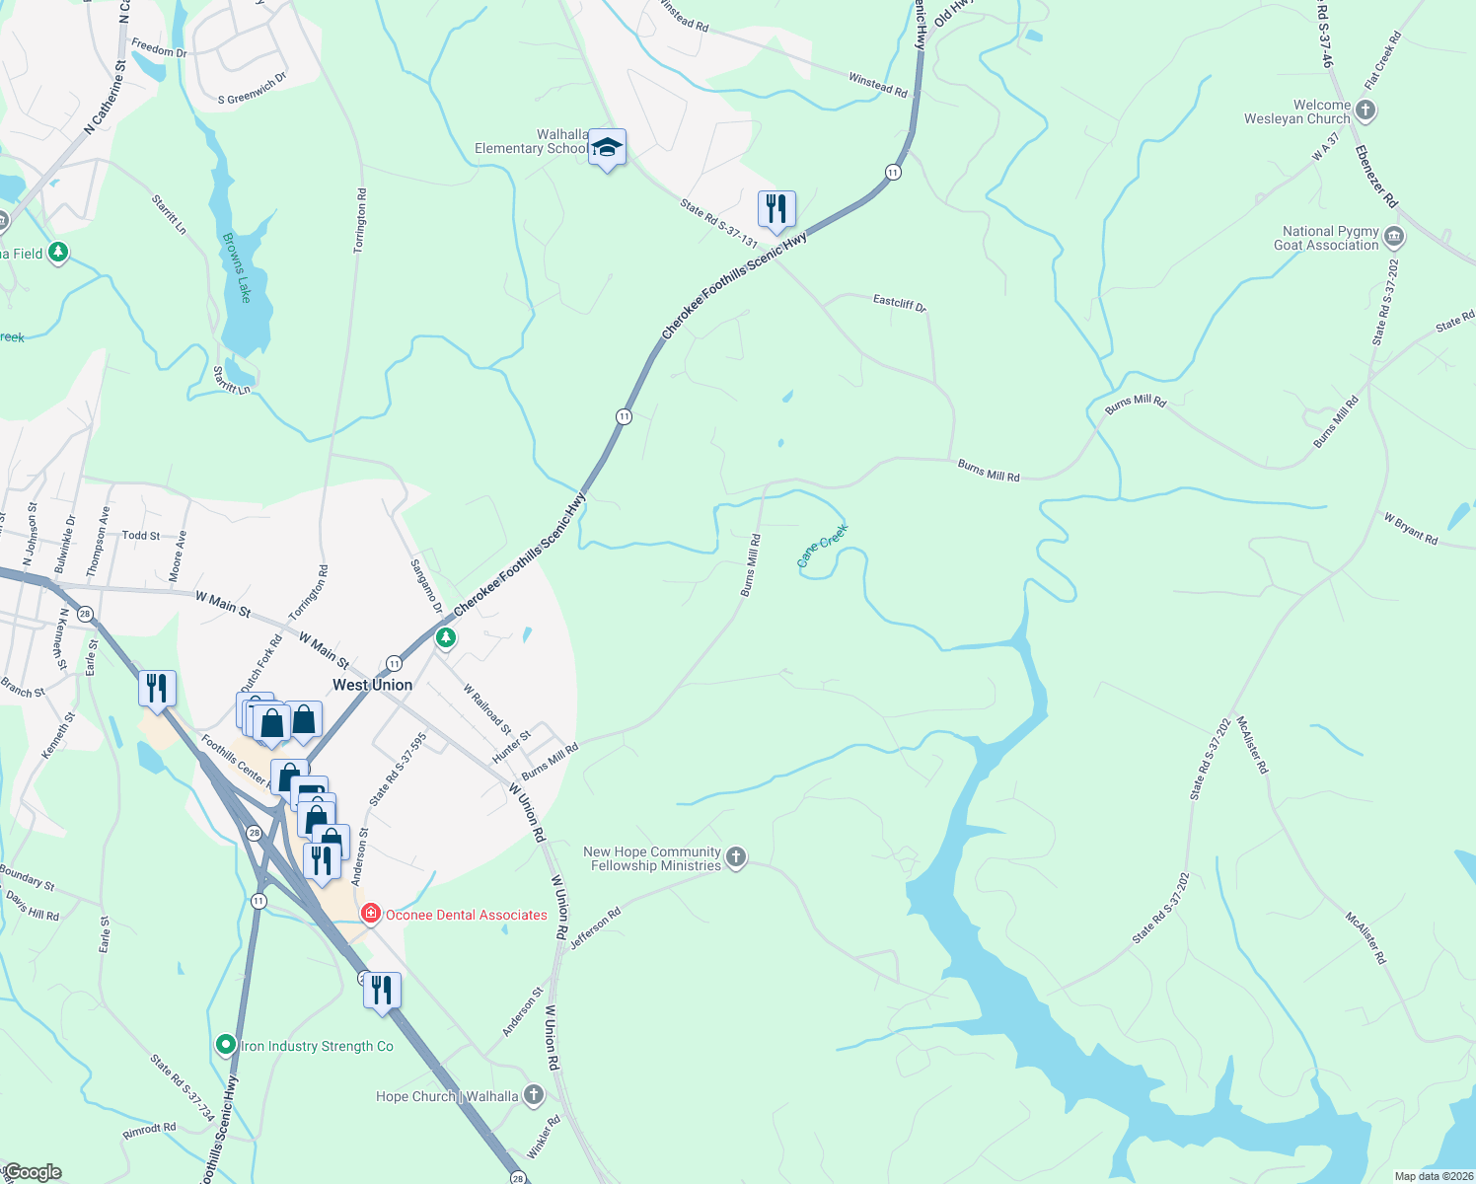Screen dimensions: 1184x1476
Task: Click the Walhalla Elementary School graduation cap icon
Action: [607, 149]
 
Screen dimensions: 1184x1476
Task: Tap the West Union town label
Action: [372, 685]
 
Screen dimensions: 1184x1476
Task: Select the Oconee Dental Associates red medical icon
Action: [371, 915]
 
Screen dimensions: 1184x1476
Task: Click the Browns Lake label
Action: [238, 267]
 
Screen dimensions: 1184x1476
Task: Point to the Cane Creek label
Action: [822, 546]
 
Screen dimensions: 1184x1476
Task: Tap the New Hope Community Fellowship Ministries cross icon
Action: [736, 857]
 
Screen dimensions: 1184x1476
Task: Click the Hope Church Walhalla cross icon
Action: [533, 1095]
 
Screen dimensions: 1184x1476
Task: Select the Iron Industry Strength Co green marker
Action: [226, 1045]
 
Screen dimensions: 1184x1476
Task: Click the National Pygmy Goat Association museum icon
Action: [1394, 237]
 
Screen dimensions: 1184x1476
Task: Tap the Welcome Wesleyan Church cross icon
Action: [1365, 111]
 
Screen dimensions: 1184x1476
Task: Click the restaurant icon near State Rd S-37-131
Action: [776, 209]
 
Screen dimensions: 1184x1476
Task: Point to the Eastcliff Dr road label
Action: [900, 303]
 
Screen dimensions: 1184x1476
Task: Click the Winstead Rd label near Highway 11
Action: [878, 84]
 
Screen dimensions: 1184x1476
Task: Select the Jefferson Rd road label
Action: [596, 928]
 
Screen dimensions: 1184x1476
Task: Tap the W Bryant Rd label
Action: [1410, 528]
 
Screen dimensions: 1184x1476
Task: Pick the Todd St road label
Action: [141, 535]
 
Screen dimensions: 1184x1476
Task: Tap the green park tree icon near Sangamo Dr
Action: [446, 638]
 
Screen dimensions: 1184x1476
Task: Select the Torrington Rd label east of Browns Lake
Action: [361, 220]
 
